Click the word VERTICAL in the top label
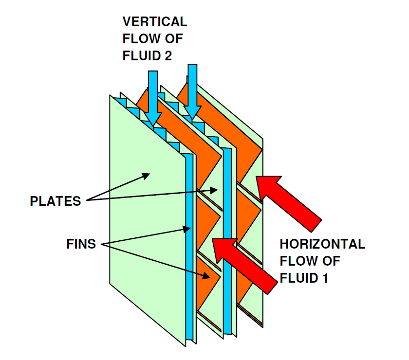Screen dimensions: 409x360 155,21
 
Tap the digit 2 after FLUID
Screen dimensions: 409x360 168,56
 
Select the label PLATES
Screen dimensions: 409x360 56,201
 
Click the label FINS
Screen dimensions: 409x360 81,244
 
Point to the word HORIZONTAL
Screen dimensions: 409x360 322,244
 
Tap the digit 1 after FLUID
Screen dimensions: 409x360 325,278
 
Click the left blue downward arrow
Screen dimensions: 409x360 153,98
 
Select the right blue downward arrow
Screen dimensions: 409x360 192,92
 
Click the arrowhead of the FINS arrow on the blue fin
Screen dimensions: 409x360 187,229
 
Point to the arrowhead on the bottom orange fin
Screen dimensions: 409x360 206,275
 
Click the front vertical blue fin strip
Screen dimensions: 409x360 189,248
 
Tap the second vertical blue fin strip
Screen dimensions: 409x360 227,241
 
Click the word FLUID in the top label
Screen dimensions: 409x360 142,56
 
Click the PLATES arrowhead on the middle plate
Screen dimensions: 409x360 214,190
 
